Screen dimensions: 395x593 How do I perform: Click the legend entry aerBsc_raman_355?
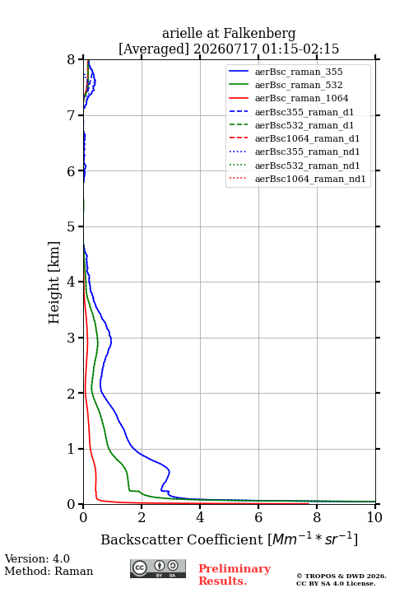pos(299,72)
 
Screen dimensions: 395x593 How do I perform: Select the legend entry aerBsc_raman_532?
pos(299,85)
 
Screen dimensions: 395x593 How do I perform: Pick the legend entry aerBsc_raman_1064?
pos(302,98)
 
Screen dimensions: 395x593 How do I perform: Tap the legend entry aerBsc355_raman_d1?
pos(304,112)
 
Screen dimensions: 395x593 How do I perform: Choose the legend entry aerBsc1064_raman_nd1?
pos(310,179)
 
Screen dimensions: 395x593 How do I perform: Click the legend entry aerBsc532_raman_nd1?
pos(307,166)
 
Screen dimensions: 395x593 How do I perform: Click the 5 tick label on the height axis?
pos(72,226)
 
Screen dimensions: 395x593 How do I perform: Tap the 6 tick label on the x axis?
pos(258,517)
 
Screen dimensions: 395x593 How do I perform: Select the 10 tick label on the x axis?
pos(374,517)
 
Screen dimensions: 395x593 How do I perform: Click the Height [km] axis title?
pos(54,282)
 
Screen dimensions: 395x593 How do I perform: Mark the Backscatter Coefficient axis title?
pos(229,539)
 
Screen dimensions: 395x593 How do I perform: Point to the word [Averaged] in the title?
pos(154,49)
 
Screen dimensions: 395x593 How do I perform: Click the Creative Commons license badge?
pos(158,568)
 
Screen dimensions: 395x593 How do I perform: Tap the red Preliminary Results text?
pos(235,575)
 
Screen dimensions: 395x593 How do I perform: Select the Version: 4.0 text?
pos(37,558)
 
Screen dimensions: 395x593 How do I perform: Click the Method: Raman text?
pos(49,571)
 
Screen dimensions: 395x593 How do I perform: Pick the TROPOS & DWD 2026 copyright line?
pos(342,576)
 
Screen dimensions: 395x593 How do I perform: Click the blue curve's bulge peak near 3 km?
pos(111,342)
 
